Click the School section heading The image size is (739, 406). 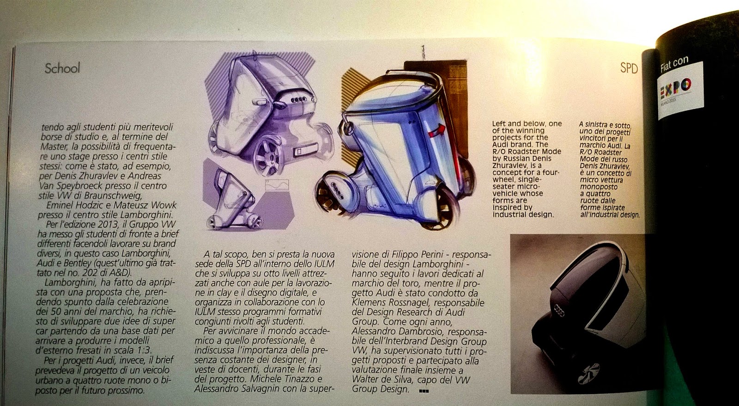[62, 68]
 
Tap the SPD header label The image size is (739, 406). [629, 68]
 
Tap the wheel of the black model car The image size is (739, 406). [588, 373]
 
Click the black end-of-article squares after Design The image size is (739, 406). [424, 391]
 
